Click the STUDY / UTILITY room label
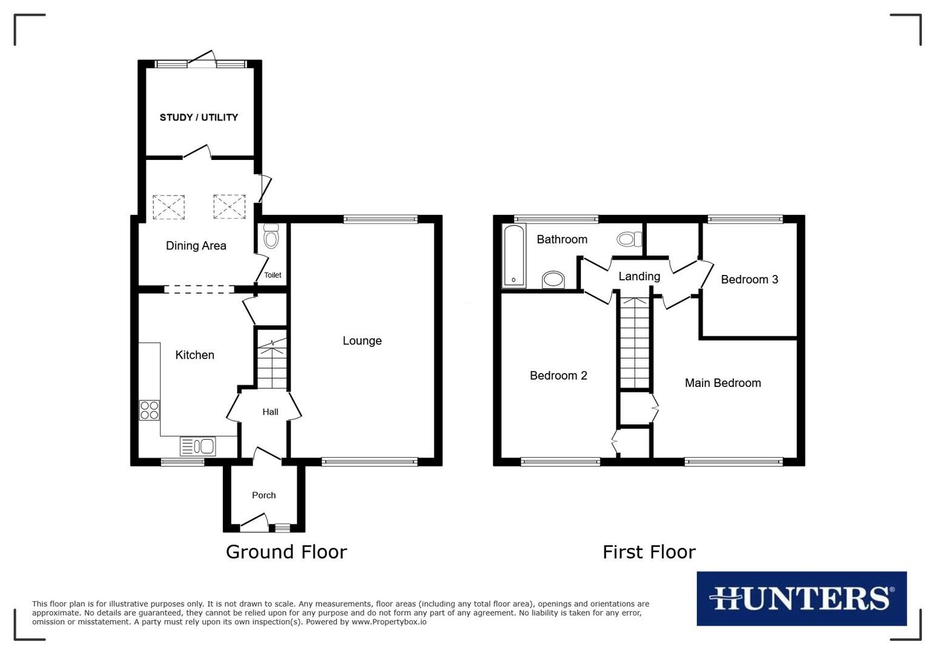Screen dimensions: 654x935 click(199, 117)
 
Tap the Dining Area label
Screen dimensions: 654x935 click(196, 246)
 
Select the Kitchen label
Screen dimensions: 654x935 click(194, 355)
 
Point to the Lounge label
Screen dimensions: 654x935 click(362, 341)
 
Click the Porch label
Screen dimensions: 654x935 click(263, 495)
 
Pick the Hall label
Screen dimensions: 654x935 click(270, 412)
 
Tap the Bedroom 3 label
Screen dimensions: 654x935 click(749, 280)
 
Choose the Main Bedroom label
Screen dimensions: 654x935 click(722, 383)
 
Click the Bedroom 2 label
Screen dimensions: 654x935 click(558, 376)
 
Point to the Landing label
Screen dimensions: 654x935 click(639, 277)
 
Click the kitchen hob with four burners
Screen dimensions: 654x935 click(150, 411)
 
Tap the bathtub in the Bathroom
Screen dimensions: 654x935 click(514, 255)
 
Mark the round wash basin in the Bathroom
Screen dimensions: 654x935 click(553, 280)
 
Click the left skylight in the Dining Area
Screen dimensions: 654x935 click(168, 206)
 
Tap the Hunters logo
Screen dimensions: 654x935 click(801, 598)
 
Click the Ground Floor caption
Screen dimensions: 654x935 click(286, 552)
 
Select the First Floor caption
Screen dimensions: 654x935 click(649, 552)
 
